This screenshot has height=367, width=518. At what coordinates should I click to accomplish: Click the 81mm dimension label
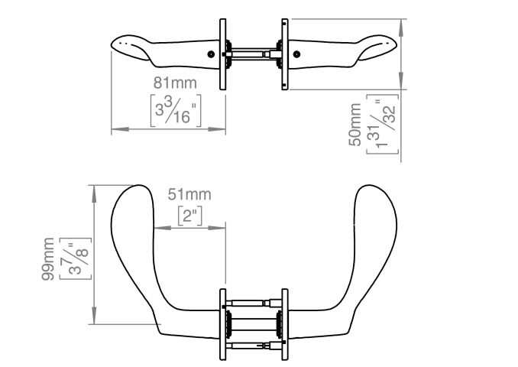click(175, 83)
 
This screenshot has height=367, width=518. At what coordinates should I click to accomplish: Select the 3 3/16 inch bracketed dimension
click(176, 111)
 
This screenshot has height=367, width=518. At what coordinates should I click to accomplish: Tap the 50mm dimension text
click(355, 125)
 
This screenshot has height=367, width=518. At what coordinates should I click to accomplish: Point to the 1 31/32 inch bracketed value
click(382, 124)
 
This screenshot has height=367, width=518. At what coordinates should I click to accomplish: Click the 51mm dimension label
click(189, 194)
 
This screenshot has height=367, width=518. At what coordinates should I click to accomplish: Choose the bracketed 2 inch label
click(190, 216)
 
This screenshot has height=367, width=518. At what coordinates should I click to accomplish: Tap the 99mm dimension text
click(48, 259)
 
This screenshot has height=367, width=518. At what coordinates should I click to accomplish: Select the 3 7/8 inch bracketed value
click(76, 258)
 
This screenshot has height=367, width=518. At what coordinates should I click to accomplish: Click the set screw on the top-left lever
click(211, 54)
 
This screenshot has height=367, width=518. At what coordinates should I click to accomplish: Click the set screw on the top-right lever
click(296, 54)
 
